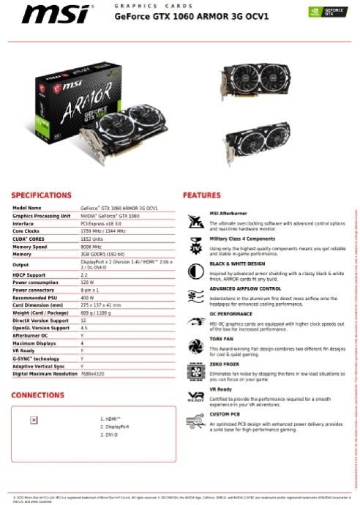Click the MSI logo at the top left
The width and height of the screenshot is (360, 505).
(x=49, y=14)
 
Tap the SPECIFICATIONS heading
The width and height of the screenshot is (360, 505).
(x=41, y=195)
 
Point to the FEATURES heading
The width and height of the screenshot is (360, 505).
(x=201, y=195)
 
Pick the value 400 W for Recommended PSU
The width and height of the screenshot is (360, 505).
(x=87, y=299)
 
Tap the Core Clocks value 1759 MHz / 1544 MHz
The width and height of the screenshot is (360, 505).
(x=103, y=231)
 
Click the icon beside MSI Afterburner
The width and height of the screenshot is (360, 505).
(x=195, y=220)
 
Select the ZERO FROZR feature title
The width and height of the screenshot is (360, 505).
(x=224, y=364)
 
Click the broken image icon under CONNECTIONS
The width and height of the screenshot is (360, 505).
(x=34, y=420)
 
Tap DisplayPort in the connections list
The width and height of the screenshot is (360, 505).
(x=117, y=426)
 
